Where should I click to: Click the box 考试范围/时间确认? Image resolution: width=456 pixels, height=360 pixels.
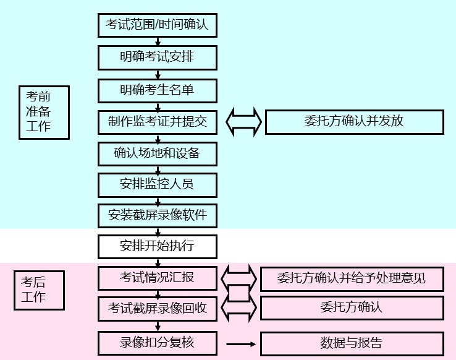158,25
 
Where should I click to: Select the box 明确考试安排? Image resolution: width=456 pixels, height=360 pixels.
158,58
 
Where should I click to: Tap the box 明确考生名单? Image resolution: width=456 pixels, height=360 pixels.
158,90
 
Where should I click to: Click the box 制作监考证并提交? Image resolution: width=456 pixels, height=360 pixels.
158,121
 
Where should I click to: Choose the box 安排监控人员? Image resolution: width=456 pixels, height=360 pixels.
158,184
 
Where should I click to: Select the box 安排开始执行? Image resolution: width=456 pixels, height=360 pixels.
158,246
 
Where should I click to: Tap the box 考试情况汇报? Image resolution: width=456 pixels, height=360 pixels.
158,278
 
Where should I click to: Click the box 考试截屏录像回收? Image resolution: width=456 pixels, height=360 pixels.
158,308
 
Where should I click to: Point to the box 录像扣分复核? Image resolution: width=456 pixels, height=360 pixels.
158,342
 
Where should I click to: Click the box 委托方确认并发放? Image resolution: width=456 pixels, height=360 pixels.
354,121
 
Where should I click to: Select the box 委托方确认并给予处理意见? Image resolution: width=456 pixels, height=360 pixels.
352,278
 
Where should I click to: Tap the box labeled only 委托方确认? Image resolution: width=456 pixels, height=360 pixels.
352,307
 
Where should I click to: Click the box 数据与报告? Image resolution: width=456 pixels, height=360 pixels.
352,343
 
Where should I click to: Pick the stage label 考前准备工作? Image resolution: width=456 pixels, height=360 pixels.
44,112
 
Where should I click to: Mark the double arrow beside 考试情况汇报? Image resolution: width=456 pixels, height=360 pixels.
239,278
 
